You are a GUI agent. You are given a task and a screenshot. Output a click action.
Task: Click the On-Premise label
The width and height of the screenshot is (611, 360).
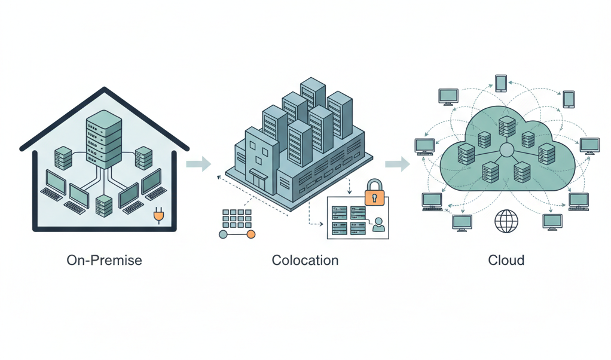point(105,260)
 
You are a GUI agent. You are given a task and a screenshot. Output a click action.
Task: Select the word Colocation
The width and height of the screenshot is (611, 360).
point(305,260)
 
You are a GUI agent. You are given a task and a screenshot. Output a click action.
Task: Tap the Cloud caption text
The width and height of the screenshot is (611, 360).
point(506,260)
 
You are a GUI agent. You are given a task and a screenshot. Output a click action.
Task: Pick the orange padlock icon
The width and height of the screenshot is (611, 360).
point(374,192)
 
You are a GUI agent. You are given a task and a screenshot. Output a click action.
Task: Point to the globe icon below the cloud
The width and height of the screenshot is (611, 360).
point(506,222)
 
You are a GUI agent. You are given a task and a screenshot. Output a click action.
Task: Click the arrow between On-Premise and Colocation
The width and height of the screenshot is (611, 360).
point(199,163)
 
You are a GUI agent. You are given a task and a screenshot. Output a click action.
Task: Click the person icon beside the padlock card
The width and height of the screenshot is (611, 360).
point(378,225)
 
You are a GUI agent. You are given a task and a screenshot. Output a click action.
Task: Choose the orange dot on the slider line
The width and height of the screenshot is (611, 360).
point(251,234)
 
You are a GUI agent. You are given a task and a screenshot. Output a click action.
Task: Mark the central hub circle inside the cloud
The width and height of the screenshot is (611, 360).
point(507,150)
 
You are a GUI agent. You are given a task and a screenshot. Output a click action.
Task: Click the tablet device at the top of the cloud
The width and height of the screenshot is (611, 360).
point(501,83)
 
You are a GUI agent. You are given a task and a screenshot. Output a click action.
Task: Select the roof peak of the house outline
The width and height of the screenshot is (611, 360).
point(105,90)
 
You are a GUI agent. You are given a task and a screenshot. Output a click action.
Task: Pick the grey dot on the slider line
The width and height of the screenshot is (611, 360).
point(224,234)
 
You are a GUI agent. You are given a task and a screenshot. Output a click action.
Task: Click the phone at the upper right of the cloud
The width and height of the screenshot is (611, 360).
point(569,98)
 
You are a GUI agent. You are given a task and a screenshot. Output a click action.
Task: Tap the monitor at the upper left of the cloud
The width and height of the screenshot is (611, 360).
point(448,96)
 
